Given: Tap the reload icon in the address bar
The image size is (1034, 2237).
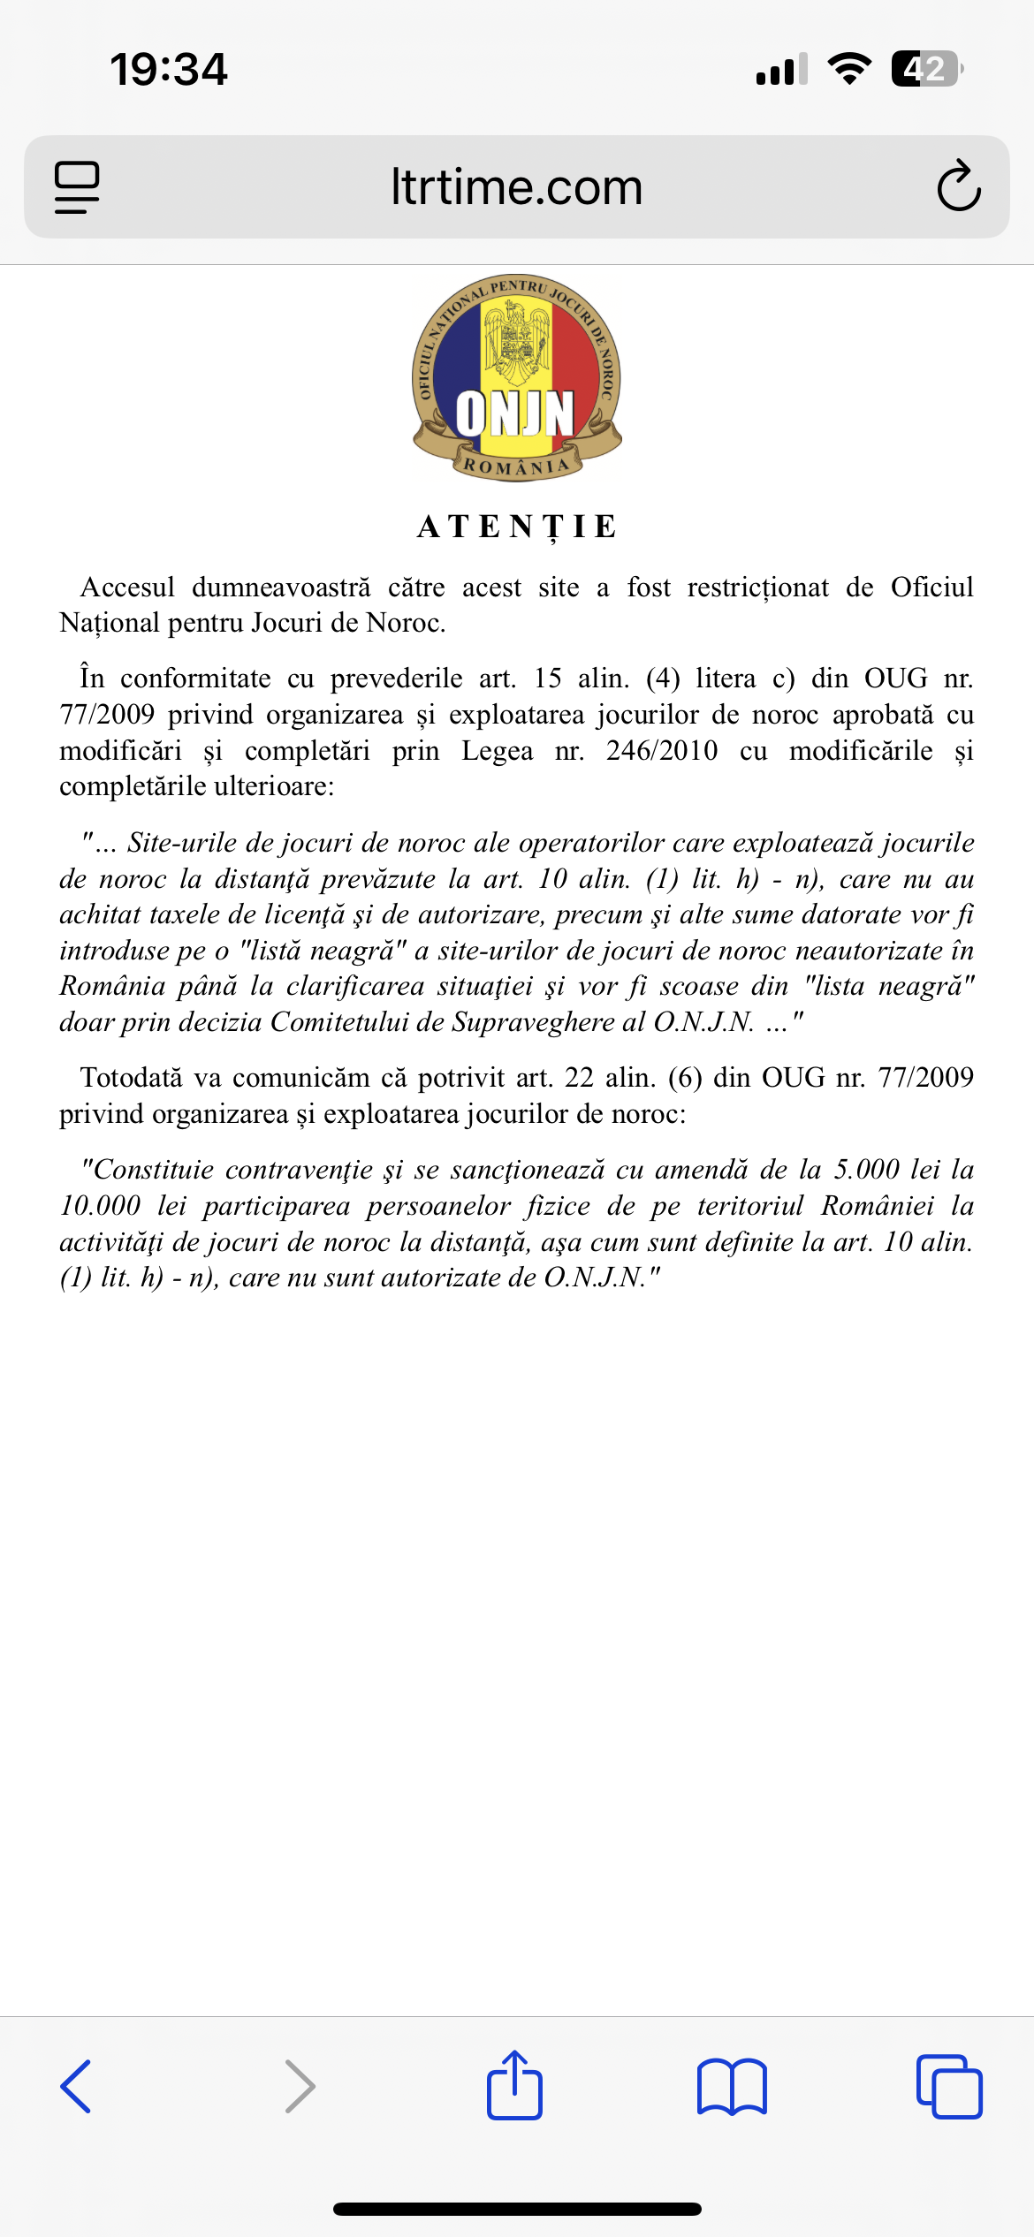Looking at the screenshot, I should tap(958, 186).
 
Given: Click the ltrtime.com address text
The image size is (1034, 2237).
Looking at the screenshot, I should tap(516, 187).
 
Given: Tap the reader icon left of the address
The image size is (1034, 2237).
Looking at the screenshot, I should tap(77, 187).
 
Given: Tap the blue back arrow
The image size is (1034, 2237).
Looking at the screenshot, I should tap(76, 2086).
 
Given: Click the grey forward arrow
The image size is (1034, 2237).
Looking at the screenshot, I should tap(300, 2086).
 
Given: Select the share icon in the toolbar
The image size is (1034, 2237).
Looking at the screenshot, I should tap(514, 2085).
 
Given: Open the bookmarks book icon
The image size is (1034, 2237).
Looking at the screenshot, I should tap(732, 2087).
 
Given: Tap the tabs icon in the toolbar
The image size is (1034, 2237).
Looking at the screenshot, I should tap(949, 2087).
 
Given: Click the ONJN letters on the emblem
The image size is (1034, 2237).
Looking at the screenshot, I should tap(515, 413).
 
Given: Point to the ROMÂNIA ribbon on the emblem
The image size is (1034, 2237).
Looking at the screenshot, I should tap(517, 466).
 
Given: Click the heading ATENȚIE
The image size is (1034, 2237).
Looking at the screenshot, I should tap(517, 527).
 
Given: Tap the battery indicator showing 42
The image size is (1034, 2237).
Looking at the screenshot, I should tap(925, 69).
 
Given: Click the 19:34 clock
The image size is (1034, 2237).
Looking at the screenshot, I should tap(168, 69).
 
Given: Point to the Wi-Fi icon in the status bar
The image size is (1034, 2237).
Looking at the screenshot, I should tap(849, 69).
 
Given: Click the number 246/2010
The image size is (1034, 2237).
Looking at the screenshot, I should tap(662, 751).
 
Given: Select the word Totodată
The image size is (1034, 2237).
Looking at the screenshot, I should tap(136, 1078).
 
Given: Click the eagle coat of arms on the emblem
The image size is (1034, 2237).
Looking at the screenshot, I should tap(516, 339).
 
